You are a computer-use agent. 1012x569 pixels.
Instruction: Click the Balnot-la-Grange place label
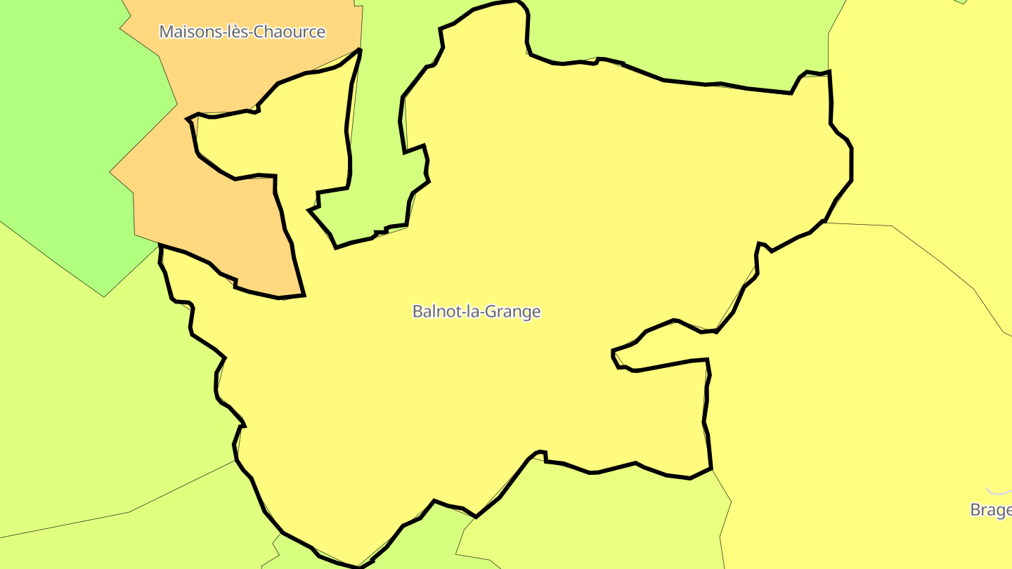[476, 311]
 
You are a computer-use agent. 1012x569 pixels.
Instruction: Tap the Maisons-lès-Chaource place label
[242, 32]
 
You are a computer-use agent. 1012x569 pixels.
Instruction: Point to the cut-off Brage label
[991, 509]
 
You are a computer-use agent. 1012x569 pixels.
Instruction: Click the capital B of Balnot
[417, 311]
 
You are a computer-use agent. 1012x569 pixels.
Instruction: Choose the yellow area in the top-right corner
[928, 105]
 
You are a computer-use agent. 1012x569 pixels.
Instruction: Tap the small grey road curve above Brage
[998, 492]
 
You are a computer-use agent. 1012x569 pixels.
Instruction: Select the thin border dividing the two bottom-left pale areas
[126, 512]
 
